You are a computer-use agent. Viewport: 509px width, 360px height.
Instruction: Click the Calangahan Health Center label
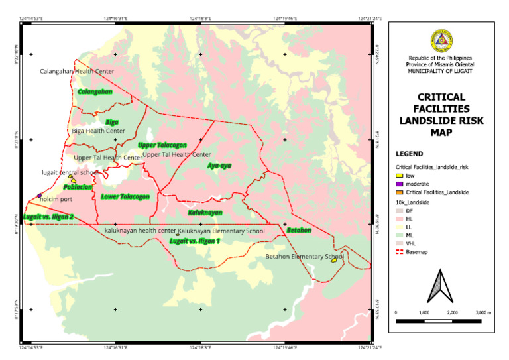77,71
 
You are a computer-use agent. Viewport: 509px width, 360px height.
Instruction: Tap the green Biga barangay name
112,122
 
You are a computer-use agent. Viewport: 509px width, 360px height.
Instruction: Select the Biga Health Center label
98,131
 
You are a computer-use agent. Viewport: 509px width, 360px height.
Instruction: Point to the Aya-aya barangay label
219,165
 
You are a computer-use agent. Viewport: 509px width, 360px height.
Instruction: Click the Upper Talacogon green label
162,145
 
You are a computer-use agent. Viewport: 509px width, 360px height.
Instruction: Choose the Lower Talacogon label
125,196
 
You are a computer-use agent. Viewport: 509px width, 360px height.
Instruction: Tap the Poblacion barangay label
77,187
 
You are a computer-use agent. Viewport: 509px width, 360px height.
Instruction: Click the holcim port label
56,198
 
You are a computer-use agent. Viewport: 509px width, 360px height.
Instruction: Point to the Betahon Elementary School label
304,256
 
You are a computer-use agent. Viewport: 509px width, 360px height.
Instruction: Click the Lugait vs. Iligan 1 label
194,241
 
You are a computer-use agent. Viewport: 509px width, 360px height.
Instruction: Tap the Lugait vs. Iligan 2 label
48,217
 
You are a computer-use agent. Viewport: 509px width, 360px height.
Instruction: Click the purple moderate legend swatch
399,184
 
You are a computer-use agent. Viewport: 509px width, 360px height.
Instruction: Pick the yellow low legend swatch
399,176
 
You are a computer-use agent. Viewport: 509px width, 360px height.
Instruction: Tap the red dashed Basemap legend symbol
399,252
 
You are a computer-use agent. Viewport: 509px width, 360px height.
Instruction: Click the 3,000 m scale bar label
484,312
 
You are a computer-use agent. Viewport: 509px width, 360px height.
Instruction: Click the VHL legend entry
410,243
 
